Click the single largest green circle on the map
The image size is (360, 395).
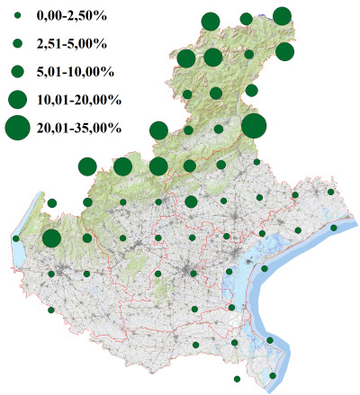[253, 126]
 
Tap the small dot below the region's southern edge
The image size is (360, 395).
[237, 379]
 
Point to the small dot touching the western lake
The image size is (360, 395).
[16, 238]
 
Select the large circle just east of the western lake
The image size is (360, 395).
[51, 238]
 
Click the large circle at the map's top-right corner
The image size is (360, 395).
[282, 15]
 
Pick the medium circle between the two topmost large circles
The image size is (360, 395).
[246, 19]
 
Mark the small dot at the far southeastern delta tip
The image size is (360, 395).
[274, 375]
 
